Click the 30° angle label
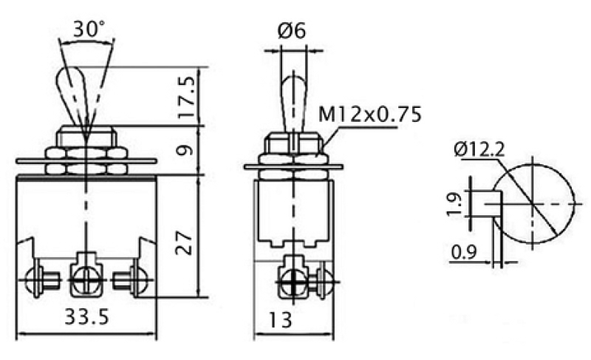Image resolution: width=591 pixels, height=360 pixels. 89,29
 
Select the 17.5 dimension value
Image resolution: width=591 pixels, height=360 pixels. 188,97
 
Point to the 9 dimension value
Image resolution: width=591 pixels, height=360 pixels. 185,151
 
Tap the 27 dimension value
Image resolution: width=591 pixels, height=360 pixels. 184,243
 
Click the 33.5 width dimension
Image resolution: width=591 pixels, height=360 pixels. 86,316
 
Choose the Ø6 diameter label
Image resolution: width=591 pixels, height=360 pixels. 292,30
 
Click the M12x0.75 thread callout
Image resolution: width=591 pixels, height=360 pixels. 369,115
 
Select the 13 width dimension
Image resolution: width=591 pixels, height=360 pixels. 281,320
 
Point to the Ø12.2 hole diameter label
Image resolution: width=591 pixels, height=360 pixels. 479,149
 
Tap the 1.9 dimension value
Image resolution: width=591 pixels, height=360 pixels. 454,204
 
